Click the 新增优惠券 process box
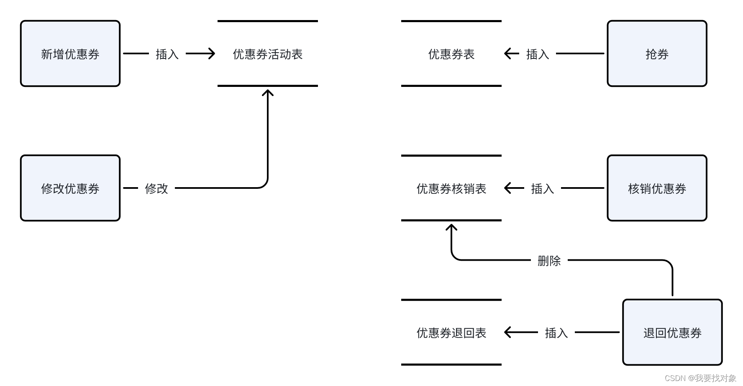[70, 54]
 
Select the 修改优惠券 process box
[70, 188]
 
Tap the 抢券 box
[657, 54]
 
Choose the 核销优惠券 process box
[657, 188]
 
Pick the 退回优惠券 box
[672, 333]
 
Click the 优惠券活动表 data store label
[268, 54]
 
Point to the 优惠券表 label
[451, 54]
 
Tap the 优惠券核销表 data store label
[451, 189]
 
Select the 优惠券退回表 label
[451, 333]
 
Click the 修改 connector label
[156, 189]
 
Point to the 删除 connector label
[549, 261]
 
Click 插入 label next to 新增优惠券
[167, 54]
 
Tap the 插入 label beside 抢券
[538, 54]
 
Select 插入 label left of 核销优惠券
[543, 189]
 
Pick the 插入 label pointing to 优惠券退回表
[556, 333]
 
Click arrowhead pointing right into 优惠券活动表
[211, 53]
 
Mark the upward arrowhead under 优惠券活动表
[268, 93]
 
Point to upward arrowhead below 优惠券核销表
[451, 228]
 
